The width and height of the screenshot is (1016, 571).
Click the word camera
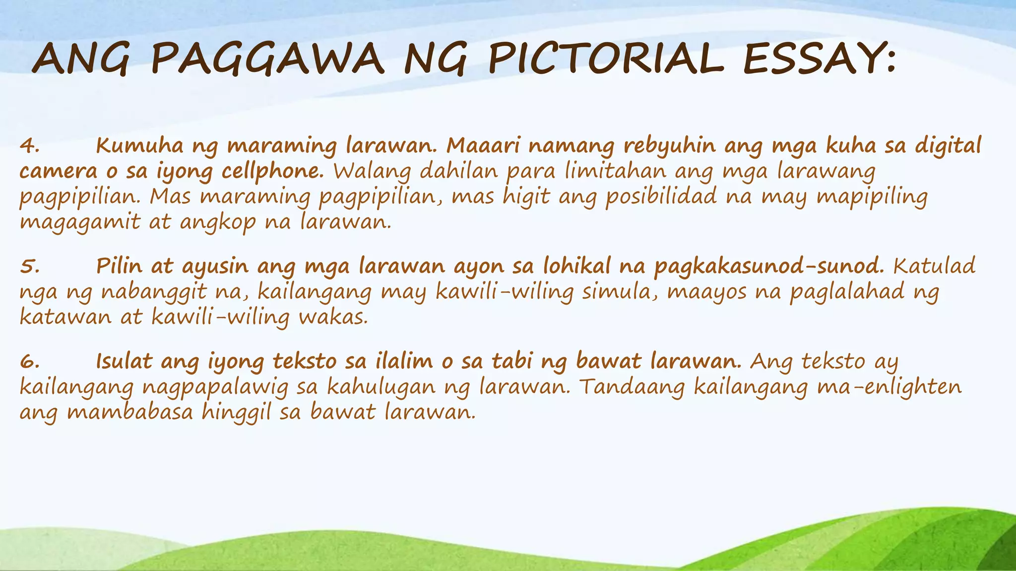[x=59, y=171]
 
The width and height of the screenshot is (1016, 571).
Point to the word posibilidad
[x=661, y=196]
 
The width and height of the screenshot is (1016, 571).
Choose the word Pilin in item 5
[x=119, y=266]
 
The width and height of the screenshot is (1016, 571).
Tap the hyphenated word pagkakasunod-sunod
[x=769, y=267]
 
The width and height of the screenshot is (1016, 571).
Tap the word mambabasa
[x=130, y=412]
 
